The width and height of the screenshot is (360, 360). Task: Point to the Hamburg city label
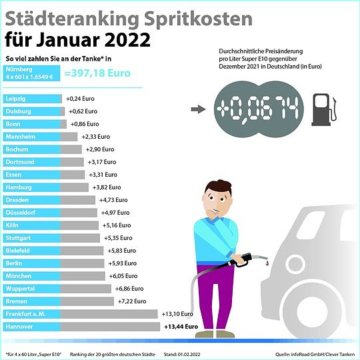[19, 187]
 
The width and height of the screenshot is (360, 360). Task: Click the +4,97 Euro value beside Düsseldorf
[116, 213]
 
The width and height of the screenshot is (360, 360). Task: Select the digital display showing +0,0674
[257, 108]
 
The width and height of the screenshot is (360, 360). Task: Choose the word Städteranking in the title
[64, 18]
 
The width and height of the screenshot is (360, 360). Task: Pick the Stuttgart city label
[19, 238]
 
